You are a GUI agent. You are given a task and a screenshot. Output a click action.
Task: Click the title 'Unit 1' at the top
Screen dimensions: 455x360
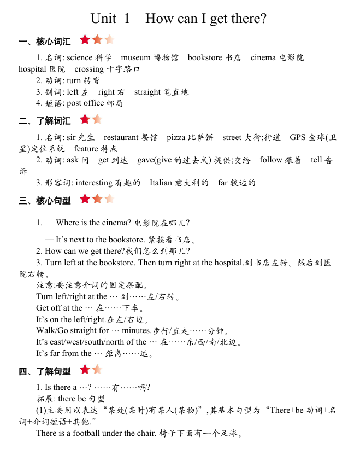110,19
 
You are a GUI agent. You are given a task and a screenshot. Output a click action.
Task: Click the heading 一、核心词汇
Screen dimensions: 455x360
44,42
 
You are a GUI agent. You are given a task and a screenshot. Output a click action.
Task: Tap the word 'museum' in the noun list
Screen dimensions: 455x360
136,57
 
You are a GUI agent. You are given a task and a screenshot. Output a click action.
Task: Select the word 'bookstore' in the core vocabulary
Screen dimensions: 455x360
205,57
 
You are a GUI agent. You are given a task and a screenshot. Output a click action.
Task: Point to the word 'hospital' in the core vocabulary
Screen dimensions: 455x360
32,69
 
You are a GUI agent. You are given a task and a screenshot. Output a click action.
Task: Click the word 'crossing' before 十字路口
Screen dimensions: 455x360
89,69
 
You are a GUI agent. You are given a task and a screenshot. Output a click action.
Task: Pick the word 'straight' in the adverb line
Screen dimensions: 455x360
147,92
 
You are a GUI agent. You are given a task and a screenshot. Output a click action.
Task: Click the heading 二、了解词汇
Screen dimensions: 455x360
44,121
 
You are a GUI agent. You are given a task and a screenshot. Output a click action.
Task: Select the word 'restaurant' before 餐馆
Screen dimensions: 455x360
121,137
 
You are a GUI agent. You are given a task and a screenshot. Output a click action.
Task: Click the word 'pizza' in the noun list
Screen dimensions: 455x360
176,137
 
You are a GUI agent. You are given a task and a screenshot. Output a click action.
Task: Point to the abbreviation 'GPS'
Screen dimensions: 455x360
298,137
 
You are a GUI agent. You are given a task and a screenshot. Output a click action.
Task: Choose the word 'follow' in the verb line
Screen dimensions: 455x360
271,160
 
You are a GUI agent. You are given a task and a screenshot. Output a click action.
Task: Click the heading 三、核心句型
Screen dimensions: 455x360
44,201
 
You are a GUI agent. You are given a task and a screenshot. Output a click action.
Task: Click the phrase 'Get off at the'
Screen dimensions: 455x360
59,308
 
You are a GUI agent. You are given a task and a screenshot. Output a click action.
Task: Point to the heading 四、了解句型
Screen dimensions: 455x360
44,371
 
